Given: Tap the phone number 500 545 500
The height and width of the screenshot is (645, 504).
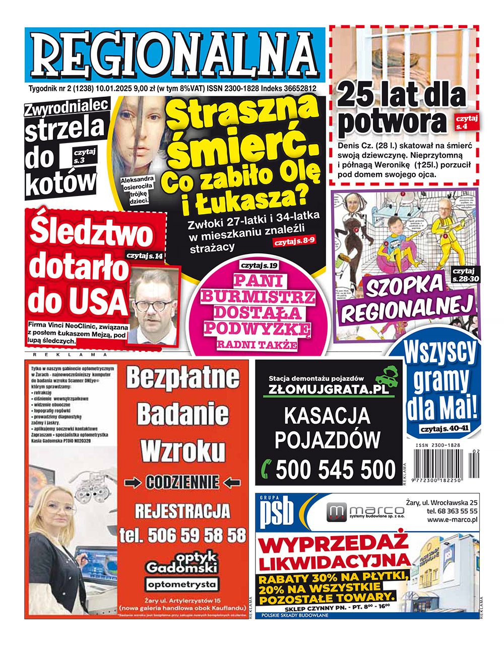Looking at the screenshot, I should pyautogui.click(x=336, y=470).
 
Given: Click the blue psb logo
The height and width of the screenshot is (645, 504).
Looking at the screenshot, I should pyautogui.click(x=276, y=514).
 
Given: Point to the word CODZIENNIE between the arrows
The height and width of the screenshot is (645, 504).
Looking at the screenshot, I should pyautogui.click(x=182, y=483).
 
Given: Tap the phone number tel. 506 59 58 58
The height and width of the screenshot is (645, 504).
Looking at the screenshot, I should pyautogui.click(x=182, y=535).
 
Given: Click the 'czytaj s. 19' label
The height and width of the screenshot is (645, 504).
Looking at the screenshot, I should pyautogui.click(x=259, y=265).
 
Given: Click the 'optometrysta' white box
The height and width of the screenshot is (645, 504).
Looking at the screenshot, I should pyautogui.click(x=182, y=585).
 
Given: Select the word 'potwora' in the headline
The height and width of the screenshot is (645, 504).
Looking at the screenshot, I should pyautogui.click(x=393, y=121).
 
